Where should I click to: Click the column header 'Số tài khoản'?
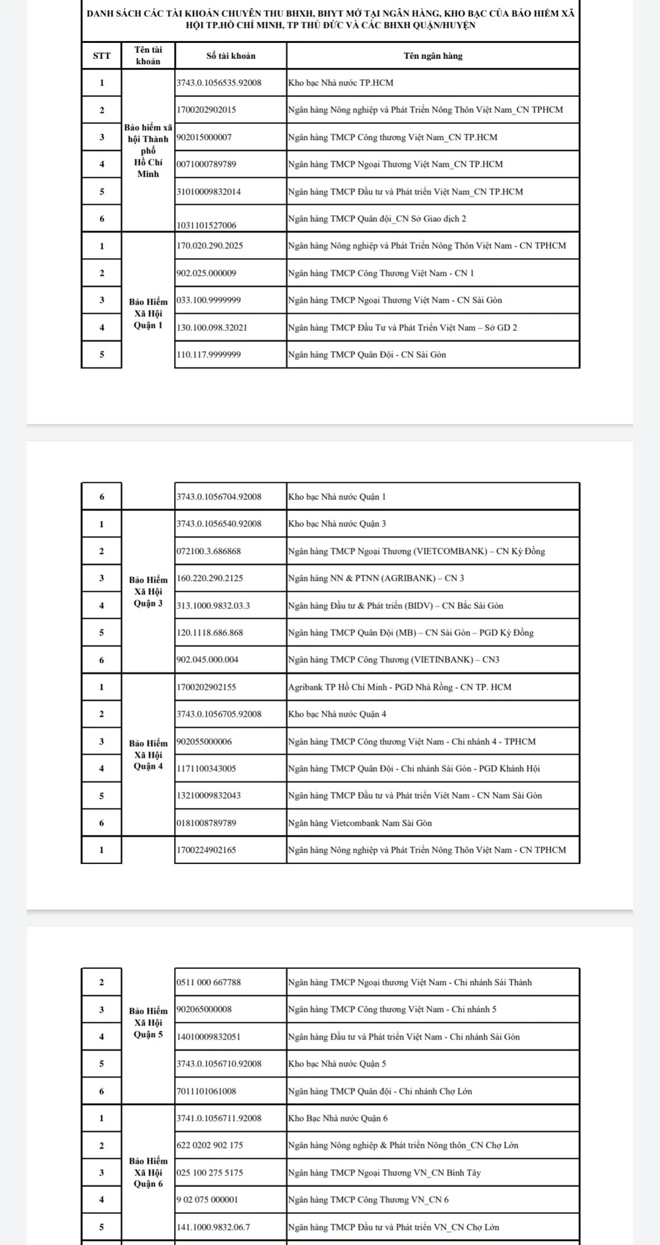pyautogui.click(x=230, y=56)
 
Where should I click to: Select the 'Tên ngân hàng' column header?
pyautogui.click(x=433, y=56)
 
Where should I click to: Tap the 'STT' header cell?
pyautogui.click(x=102, y=56)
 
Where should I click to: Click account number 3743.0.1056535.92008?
pyautogui.click(x=218, y=83)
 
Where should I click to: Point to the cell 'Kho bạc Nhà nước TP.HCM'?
pyautogui.click(x=341, y=83)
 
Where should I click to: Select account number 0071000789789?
pyautogui.click(x=206, y=164)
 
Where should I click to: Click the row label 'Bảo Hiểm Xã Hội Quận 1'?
pyautogui.click(x=148, y=314)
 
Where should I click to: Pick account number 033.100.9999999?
pyautogui.click(x=209, y=301)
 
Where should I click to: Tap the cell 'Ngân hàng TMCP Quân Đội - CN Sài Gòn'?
pyautogui.click(x=367, y=355)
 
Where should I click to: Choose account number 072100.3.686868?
pyautogui.click(x=209, y=551)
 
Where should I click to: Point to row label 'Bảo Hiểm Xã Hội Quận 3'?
pyautogui.click(x=148, y=592)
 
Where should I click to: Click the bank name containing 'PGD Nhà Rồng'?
pyautogui.click(x=399, y=688)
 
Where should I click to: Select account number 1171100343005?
pyautogui.click(x=206, y=769)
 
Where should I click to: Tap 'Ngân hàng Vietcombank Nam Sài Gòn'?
pyautogui.click(x=360, y=824)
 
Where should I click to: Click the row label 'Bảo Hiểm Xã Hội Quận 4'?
pyautogui.click(x=148, y=755)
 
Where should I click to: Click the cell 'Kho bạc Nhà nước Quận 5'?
pyautogui.click(x=337, y=1064)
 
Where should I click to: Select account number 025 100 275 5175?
pyautogui.click(x=209, y=1173)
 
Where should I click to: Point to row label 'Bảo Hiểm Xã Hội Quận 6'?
pyautogui.click(x=148, y=1172)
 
